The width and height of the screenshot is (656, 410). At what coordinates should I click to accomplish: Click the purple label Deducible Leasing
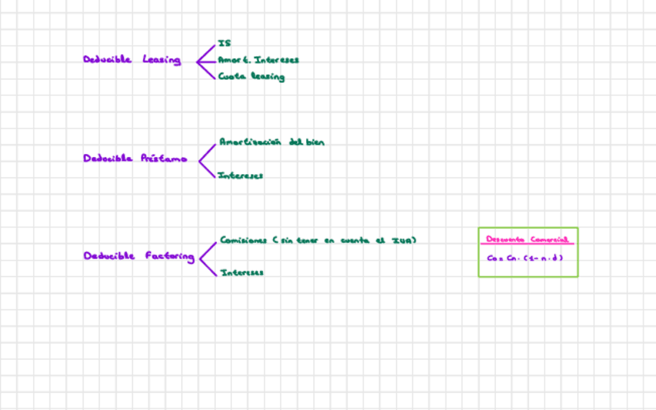[132, 60]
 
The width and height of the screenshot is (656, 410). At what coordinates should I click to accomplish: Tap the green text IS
[224, 43]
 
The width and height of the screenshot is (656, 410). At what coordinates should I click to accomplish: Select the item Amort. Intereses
[258, 60]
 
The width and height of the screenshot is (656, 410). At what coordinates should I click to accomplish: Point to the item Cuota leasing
[251, 77]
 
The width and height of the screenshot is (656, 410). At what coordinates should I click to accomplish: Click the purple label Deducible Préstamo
[135, 158]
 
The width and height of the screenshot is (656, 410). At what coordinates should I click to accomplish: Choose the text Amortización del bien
[272, 142]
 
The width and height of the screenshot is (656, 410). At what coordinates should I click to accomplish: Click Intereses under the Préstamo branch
[241, 176]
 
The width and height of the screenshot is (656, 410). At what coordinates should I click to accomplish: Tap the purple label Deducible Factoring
[138, 256]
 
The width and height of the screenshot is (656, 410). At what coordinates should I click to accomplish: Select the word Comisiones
[243, 240]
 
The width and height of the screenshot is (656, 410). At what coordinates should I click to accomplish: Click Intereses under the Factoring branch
[241, 272]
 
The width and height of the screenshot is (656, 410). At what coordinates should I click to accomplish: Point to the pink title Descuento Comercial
[527, 239]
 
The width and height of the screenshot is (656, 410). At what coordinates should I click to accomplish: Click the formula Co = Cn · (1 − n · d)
[524, 258]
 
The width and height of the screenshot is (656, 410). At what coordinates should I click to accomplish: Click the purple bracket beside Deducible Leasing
[205, 60]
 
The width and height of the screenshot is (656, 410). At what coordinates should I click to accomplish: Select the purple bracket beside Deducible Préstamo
[207, 159]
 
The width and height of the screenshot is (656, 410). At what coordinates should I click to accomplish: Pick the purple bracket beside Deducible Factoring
[207, 257]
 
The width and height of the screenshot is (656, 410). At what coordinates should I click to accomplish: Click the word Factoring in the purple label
[170, 256]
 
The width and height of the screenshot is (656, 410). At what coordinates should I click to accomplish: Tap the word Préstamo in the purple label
[163, 158]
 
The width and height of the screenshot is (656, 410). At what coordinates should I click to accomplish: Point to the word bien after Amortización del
[314, 142]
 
